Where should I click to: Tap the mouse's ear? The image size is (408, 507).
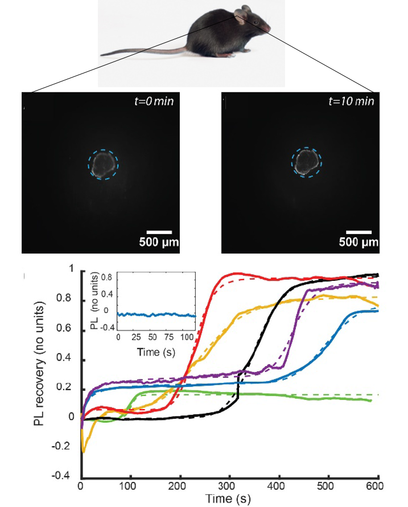point(244,12)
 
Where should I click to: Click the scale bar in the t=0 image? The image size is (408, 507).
point(159,232)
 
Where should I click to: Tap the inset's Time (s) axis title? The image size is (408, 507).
point(156,353)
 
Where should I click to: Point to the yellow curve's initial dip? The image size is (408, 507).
point(84,450)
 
